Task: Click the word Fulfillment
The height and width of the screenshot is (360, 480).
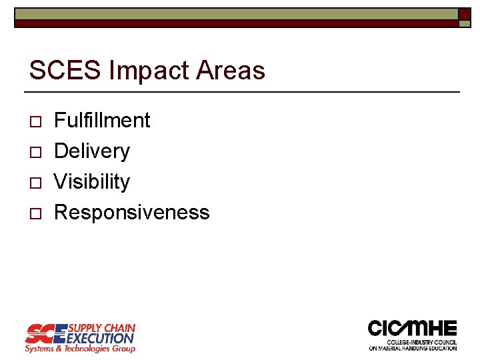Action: pyautogui.click(x=102, y=121)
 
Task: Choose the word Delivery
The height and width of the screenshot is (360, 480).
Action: pyautogui.click(x=92, y=151)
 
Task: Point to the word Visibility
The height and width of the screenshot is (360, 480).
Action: pyautogui.click(x=92, y=182)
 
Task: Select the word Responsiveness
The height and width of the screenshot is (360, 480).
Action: pyautogui.click(x=131, y=213)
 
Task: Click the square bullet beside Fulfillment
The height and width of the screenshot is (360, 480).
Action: pyautogui.click(x=35, y=122)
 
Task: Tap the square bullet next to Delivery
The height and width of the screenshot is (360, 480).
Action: pyautogui.click(x=35, y=153)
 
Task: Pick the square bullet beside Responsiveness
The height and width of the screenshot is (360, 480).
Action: pyautogui.click(x=35, y=214)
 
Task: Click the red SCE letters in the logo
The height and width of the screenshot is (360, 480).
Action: pyautogui.click(x=45, y=333)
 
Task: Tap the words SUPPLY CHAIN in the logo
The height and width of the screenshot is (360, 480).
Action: pyautogui.click(x=102, y=328)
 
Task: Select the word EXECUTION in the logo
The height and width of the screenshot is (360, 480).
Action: pyautogui.click(x=101, y=338)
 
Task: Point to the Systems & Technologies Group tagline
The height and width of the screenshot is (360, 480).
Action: pyautogui.click(x=80, y=349)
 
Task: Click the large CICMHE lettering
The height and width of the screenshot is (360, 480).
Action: pyautogui.click(x=413, y=329)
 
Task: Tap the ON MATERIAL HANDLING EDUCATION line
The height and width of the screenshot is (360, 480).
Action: pyautogui.click(x=413, y=348)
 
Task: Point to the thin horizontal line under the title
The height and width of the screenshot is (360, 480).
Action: pyautogui.click(x=242, y=91)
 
